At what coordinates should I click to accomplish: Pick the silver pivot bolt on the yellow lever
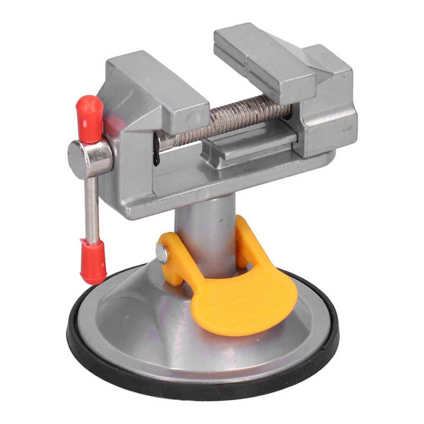162,254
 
